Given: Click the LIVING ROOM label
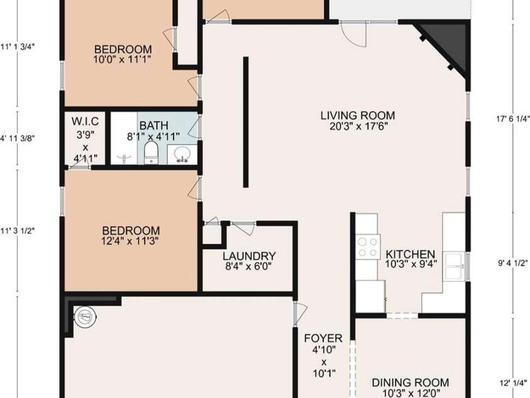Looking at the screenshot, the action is (358, 115).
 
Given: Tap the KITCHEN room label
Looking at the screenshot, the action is (411, 254).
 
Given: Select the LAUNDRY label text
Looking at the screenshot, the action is (250, 256).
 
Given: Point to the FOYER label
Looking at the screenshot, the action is (323, 338).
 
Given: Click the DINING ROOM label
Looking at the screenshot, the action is (411, 383).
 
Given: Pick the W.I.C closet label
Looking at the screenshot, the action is (85, 121).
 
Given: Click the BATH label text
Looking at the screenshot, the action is (154, 125).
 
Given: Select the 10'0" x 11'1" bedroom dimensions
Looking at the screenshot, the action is (122, 59).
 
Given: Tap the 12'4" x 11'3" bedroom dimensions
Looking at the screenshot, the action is (130, 241).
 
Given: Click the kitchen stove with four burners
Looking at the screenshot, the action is (368, 247).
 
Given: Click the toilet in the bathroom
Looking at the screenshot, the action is (151, 152).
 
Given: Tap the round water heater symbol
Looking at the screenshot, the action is (85, 317).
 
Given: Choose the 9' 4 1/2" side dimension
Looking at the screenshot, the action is (513, 263).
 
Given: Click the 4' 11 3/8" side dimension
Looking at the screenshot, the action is (18, 138).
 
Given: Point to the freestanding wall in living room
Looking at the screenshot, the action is (246, 122).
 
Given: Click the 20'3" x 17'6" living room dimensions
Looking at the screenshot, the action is (358, 127).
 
